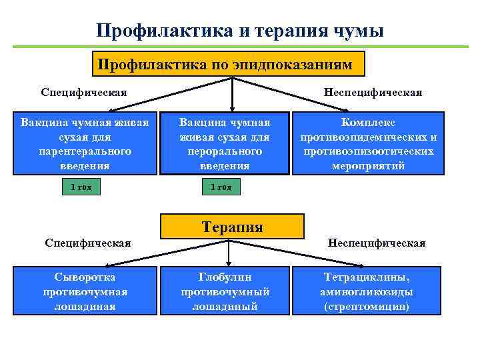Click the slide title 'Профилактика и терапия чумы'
coord(239,31)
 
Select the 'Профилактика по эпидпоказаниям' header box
coord(230,65)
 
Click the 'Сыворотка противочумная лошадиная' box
coord(85,291)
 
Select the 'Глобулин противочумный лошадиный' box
coord(225,291)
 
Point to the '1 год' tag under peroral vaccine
coord(221,187)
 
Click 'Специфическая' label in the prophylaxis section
coord(84,92)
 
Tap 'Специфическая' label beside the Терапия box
coord(87,243)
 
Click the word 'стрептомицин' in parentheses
coord(366,307)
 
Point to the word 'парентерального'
coord(85,151)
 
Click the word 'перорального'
coord(225,151)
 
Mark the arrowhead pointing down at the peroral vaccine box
coord(231,107)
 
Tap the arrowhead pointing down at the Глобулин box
coord(229,263)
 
